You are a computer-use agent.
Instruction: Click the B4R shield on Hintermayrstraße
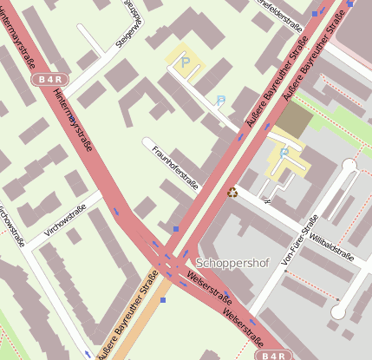[x=49, y=79]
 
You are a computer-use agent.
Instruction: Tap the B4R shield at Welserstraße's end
[x=271, y=355]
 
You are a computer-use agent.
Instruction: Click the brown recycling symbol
[x=232, y=193]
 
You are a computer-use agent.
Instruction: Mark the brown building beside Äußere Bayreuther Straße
[x=295, y=120]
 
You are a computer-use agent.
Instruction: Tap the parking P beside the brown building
[x=284, y=154]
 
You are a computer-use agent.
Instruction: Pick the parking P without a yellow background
[x=220, y=101]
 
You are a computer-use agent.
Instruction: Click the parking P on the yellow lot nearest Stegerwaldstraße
[x=185, y=61]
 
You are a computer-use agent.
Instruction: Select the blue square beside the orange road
[x=162, y=300]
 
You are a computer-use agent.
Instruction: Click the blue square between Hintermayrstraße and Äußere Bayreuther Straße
[x=175, y=230]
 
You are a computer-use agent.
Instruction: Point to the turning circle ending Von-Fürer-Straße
[x=350, y=165]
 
